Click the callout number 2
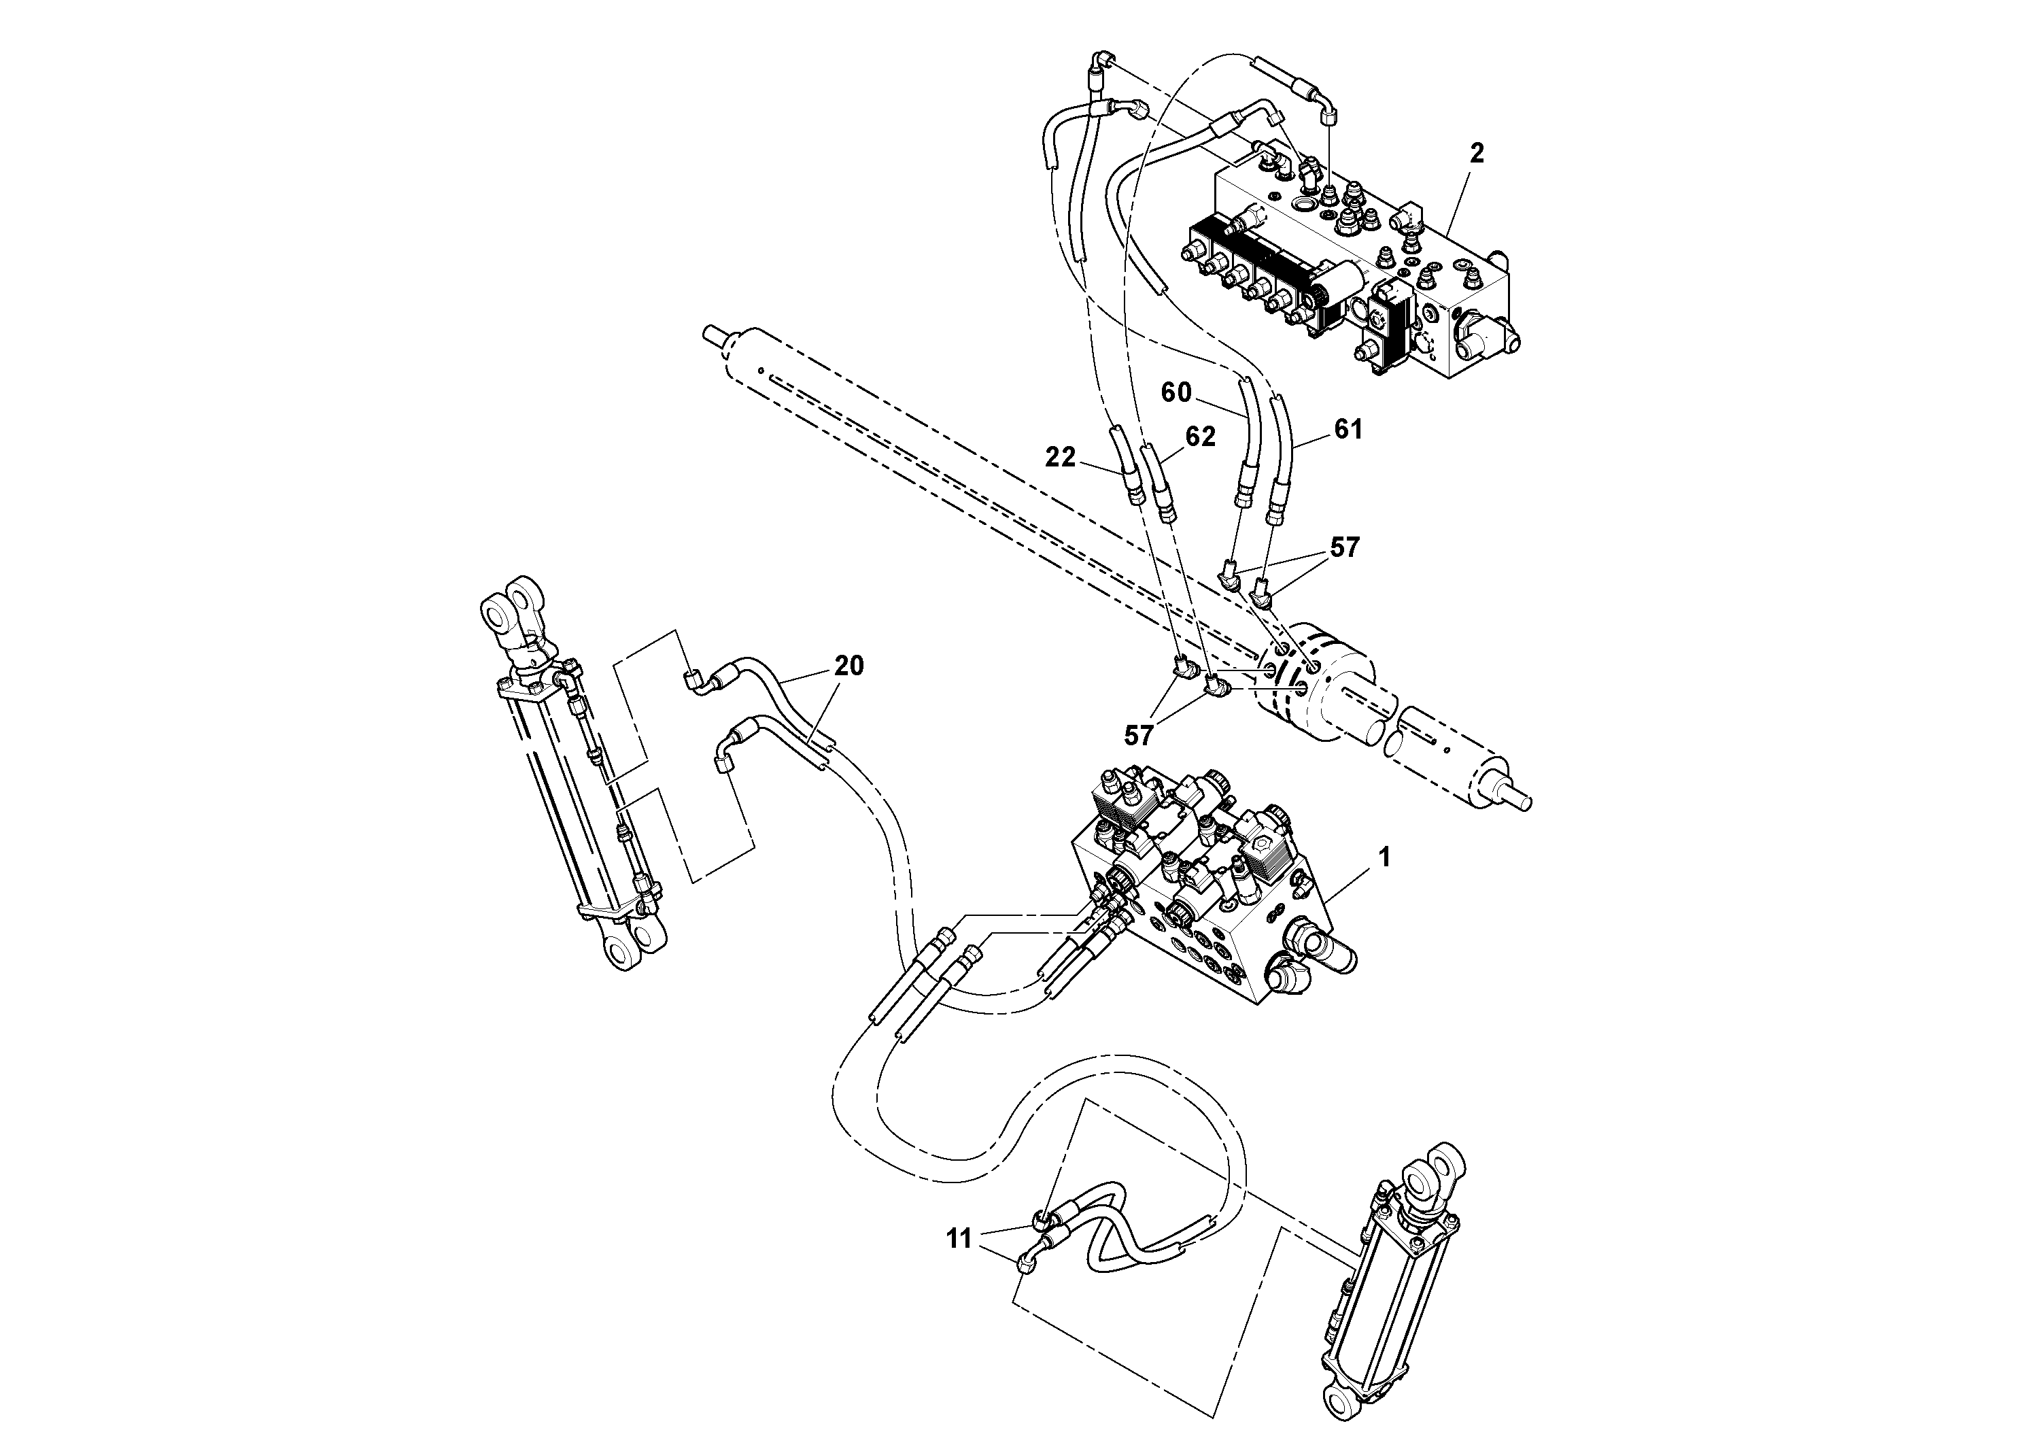[x=1477, y=154]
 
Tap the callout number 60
[x=1176, y=393]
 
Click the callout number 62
[x=1201, y=437]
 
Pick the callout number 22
[x=1061, y=458]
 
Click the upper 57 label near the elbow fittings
[x=1344, y=547]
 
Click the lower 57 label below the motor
[x=1139, y=735]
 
